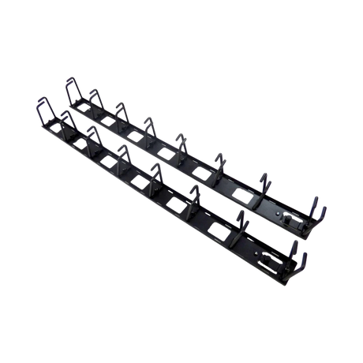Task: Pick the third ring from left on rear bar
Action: point(120,109)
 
